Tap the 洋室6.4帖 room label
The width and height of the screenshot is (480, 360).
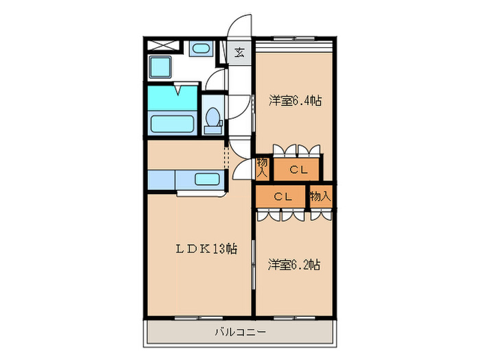295,101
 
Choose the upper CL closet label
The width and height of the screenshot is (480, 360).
298,169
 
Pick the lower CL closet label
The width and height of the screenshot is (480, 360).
283,196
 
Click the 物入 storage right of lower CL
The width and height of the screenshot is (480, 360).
320,196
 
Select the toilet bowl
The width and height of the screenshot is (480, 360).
213,117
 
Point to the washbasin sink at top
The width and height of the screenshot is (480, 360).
200,49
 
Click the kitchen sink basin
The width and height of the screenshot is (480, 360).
206,180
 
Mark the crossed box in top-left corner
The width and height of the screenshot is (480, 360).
161,47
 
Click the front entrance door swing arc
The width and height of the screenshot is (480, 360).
240,27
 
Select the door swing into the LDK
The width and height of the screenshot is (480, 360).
241,168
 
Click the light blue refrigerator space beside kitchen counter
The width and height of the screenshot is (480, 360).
160,180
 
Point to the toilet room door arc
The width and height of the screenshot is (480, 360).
215,79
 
